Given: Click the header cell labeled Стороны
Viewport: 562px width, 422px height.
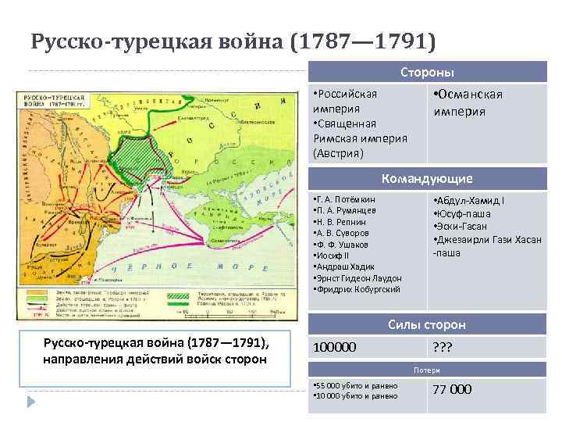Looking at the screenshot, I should (x=427, y=72).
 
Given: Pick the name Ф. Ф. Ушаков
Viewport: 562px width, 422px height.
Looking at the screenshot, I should (x=343, y=244).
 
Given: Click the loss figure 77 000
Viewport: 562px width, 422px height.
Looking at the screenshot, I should (x=452, y=389).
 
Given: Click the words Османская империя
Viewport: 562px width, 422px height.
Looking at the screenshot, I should (x=467, y=102).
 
